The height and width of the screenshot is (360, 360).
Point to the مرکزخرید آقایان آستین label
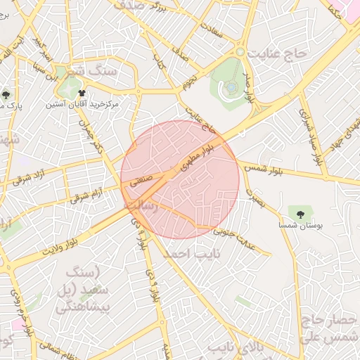83,104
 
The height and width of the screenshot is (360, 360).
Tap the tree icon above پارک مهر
6,95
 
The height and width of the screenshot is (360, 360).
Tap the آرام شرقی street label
86,193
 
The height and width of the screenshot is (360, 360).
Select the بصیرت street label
257,201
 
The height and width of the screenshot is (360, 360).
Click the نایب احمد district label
191,253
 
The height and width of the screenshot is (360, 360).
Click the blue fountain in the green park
231,87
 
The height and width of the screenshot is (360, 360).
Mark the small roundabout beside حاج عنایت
240,52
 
